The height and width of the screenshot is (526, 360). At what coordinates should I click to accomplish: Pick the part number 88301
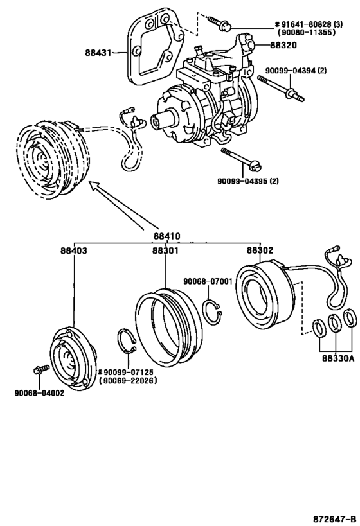166,252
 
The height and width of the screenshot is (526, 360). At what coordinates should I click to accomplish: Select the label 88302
261,252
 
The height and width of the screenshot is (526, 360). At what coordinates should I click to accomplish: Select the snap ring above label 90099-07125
127,341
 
